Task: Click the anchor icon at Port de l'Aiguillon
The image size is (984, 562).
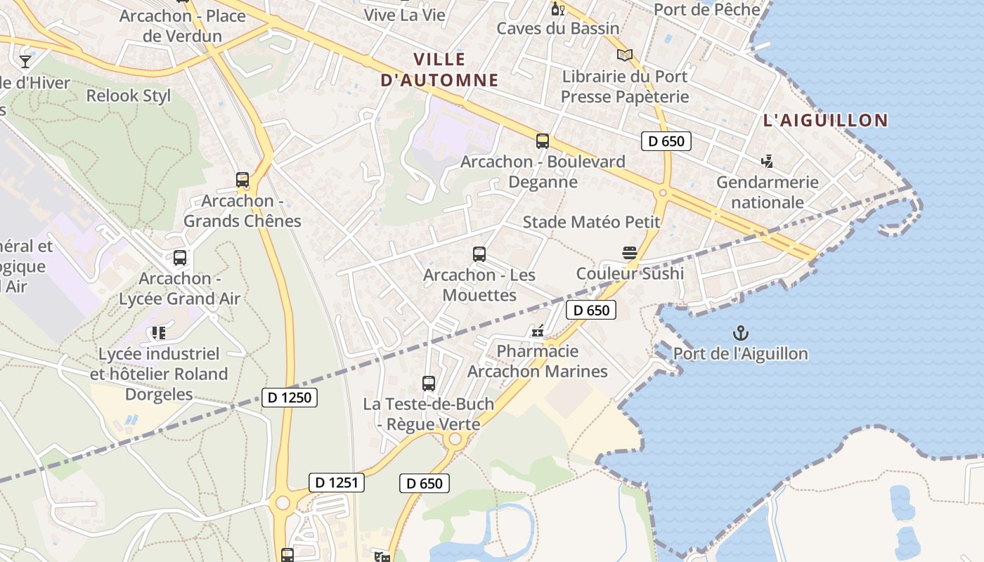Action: pos(740,332)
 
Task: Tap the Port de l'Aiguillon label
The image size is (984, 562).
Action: pos(740,353)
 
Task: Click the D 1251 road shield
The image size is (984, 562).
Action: pos(337,482)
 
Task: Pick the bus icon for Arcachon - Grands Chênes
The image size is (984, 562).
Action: pos(242,180)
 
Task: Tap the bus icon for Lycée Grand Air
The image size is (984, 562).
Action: pos(180,258)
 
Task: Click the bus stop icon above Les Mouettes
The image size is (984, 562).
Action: pos(479,254)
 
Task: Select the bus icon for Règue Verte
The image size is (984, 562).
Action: pos(429,384)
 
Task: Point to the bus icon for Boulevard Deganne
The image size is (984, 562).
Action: pos(543,140)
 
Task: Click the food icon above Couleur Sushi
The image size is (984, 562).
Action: pos(630,252)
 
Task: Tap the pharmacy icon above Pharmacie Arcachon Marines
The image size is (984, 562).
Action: pos(538,330)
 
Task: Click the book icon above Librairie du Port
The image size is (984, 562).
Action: pos(625,55)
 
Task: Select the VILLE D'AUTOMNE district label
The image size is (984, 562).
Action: pos(439,70)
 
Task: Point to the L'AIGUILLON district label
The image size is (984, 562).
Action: pos(826,120)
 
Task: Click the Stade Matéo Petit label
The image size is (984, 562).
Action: pos(591,222)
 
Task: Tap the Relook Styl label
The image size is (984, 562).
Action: pos(129,96)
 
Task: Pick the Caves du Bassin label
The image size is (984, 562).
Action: pos(558,29)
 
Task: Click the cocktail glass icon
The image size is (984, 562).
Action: pos(25,62)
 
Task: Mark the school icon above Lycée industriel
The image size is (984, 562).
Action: pos(159,333)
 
